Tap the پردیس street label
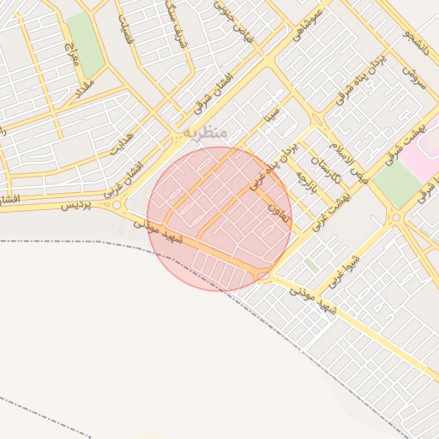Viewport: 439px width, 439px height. (76, 207)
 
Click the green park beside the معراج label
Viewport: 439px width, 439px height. (84, 43)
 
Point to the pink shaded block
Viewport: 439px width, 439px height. (420, 150)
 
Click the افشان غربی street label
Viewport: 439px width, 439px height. (125, 177)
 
